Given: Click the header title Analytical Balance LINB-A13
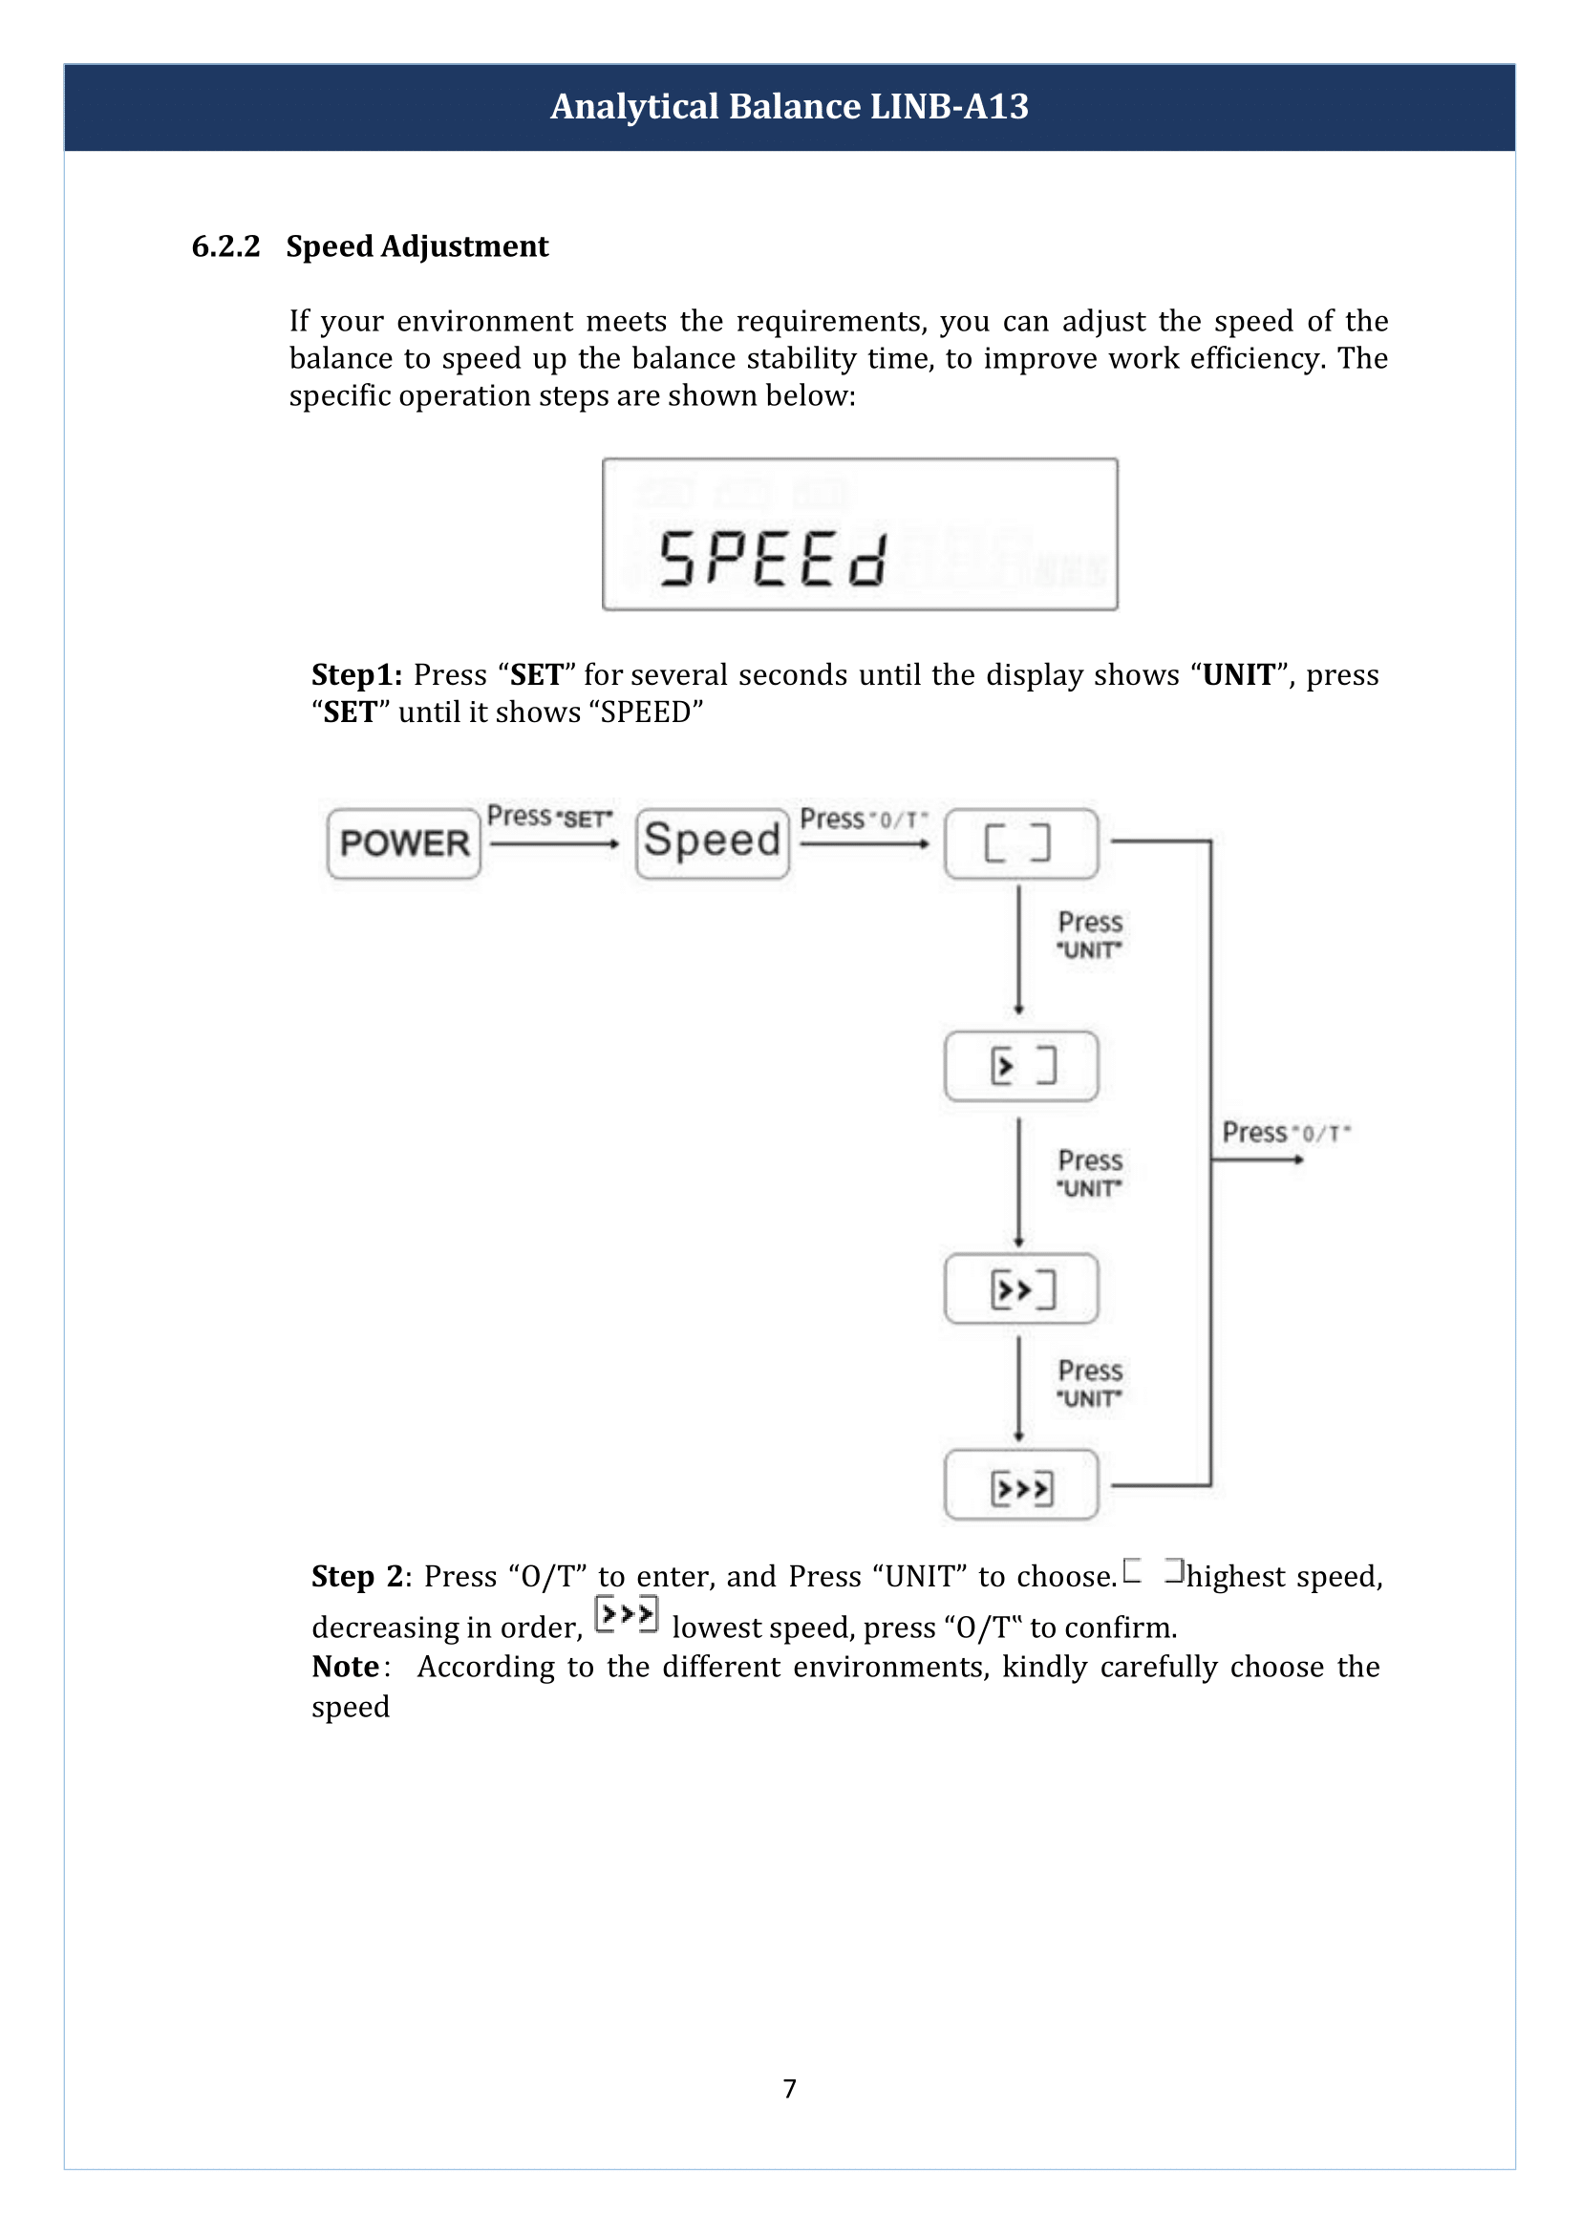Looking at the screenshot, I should pos(789,106).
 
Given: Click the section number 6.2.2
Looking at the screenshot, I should pos(225,246).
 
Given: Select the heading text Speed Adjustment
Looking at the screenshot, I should pos(417,246).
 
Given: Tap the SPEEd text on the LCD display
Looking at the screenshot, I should pos(773,559).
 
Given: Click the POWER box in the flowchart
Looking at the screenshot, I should pos(404,843).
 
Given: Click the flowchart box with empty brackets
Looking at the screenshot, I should pos(1020,843).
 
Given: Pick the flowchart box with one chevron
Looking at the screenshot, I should pos(1020,1066).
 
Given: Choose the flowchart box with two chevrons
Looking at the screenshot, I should pos(1020,1288).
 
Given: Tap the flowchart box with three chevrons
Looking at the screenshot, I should pos(1020,1486).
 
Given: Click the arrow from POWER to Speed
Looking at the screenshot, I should pos(555,844).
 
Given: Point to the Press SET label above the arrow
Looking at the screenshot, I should pos(550,817).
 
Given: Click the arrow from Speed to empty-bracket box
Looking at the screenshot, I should pos(865,844).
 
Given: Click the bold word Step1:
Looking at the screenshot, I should pos(356,674).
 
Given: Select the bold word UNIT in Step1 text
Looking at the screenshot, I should pos(1238,674).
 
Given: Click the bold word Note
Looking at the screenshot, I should pos(346,1667).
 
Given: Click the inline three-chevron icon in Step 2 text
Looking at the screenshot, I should pos(627,1615).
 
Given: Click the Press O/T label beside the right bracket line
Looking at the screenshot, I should pos(1285,1132).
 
